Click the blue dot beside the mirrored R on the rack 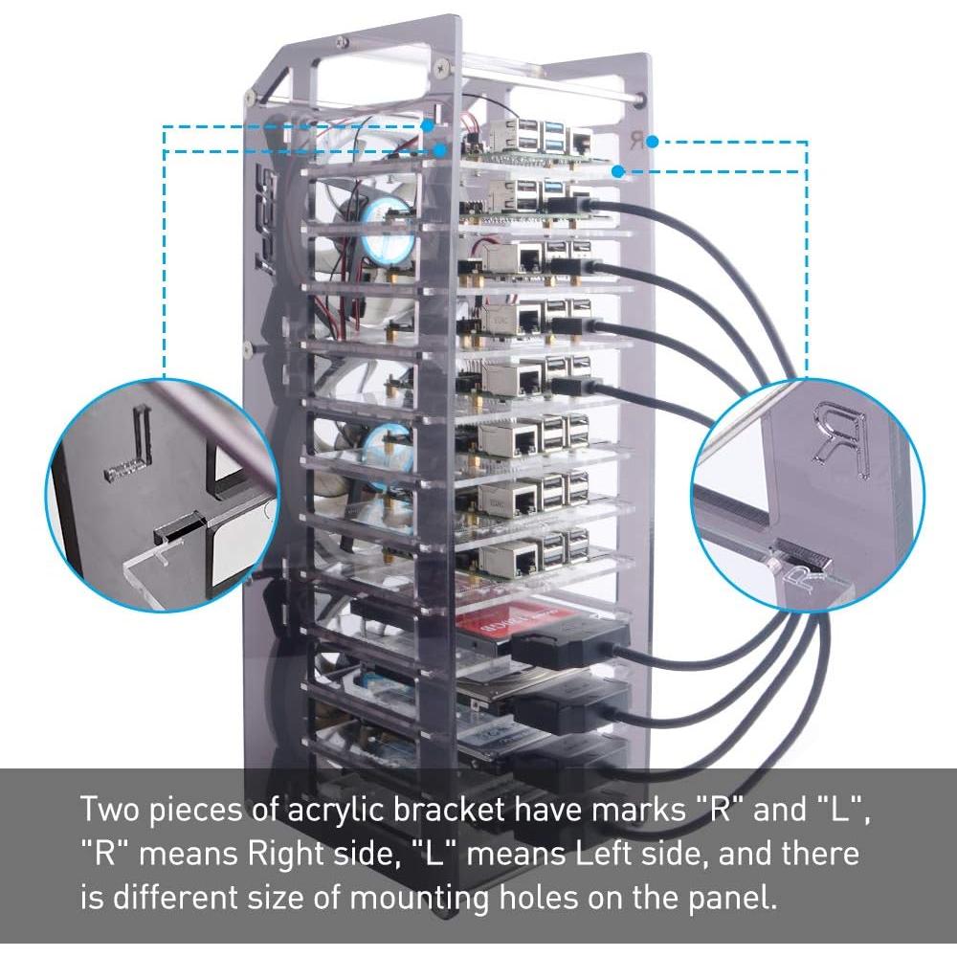coord(652,142)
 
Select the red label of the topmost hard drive coord(499,623)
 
